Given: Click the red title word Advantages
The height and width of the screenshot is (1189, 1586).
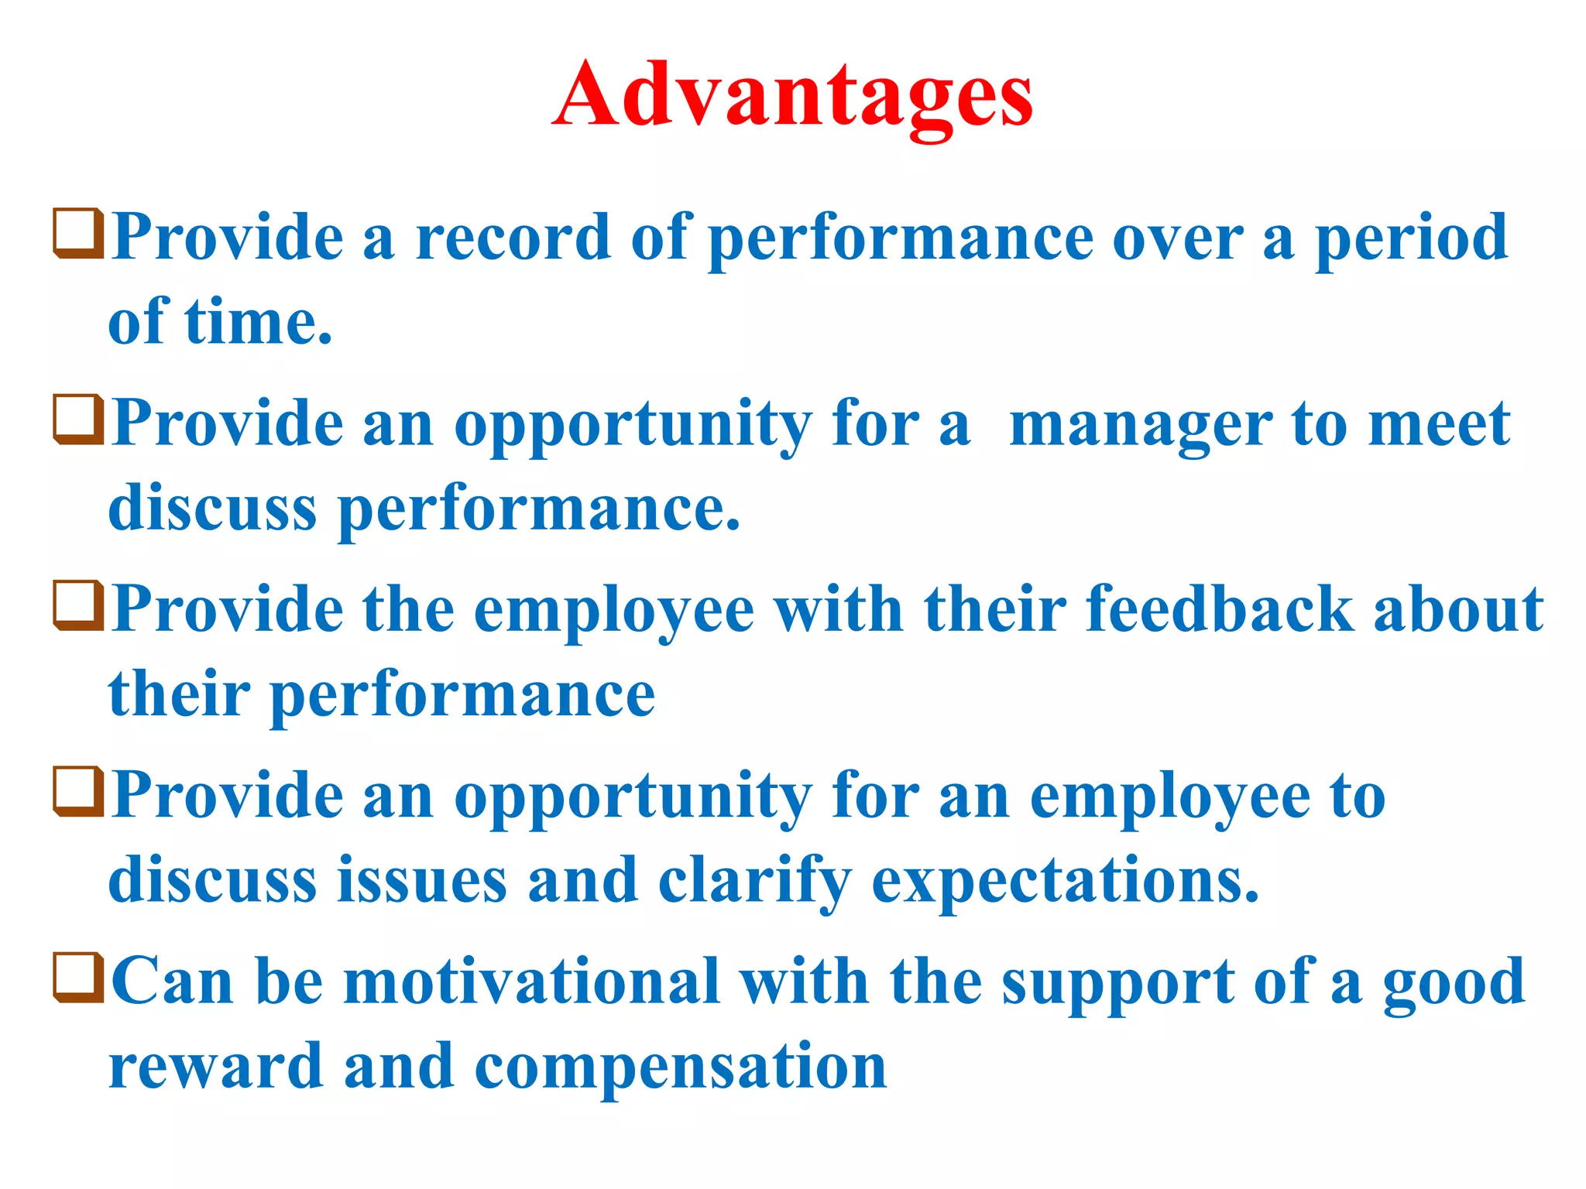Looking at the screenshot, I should (792, 97).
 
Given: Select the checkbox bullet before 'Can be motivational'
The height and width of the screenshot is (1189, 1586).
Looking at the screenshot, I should (78, 977).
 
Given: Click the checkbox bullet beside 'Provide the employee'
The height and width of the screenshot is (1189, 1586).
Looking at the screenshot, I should (78, 605).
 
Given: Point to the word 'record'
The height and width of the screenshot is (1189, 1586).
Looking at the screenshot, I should (513, 238).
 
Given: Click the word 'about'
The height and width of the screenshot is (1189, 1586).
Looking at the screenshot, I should (1459, 610).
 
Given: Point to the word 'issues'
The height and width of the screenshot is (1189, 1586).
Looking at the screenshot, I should (423, 880).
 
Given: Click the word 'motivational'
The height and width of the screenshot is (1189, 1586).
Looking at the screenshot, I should (531, 982).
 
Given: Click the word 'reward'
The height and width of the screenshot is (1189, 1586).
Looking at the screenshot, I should (216, 1067).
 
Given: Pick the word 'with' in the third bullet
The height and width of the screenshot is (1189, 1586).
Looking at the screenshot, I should (839, 610).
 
